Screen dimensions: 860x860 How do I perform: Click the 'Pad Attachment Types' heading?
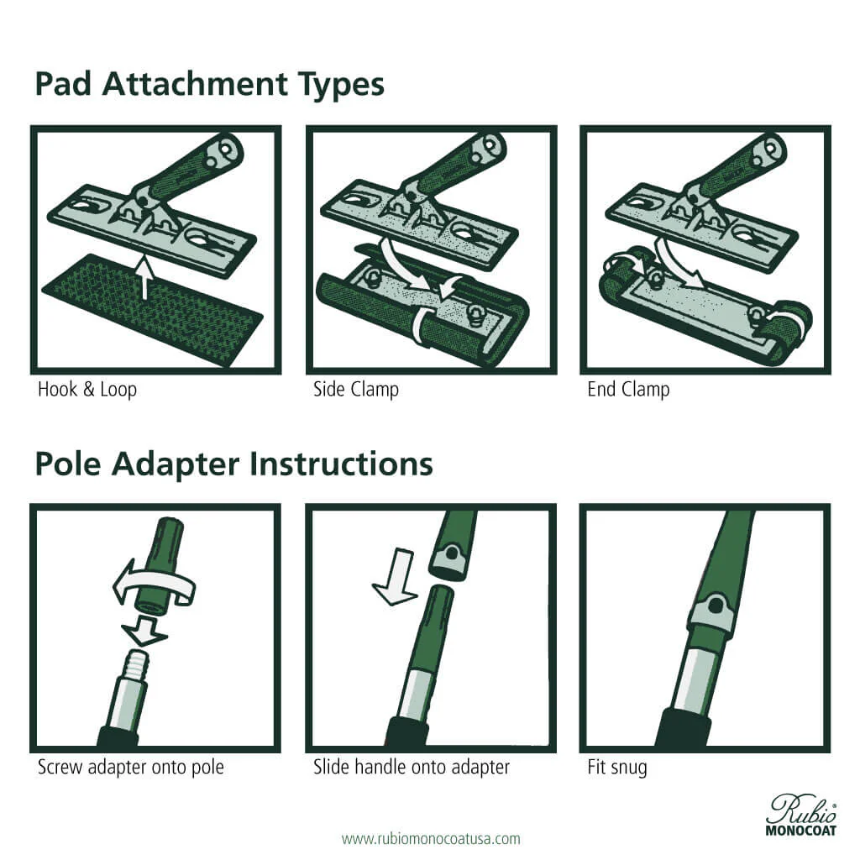pos(209,86)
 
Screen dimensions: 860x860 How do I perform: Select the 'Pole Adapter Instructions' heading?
pos(233,464)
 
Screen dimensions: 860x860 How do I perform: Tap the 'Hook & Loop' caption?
pos(87,390)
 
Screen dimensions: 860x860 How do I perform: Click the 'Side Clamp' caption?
pos(356,390)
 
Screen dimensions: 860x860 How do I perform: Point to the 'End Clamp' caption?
pos(628,390)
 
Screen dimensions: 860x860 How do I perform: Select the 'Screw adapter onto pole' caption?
pos(131,767)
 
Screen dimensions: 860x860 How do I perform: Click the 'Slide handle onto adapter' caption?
pos(412,767)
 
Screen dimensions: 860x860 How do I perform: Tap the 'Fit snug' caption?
pos(617,767)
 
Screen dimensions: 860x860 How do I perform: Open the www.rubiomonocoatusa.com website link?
pos(431,838)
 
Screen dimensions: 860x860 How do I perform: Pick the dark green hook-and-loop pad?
pos(151,311)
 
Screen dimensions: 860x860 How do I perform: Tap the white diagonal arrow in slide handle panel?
pos(395,578)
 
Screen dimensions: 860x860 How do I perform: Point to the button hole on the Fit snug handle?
pos(716,605)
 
